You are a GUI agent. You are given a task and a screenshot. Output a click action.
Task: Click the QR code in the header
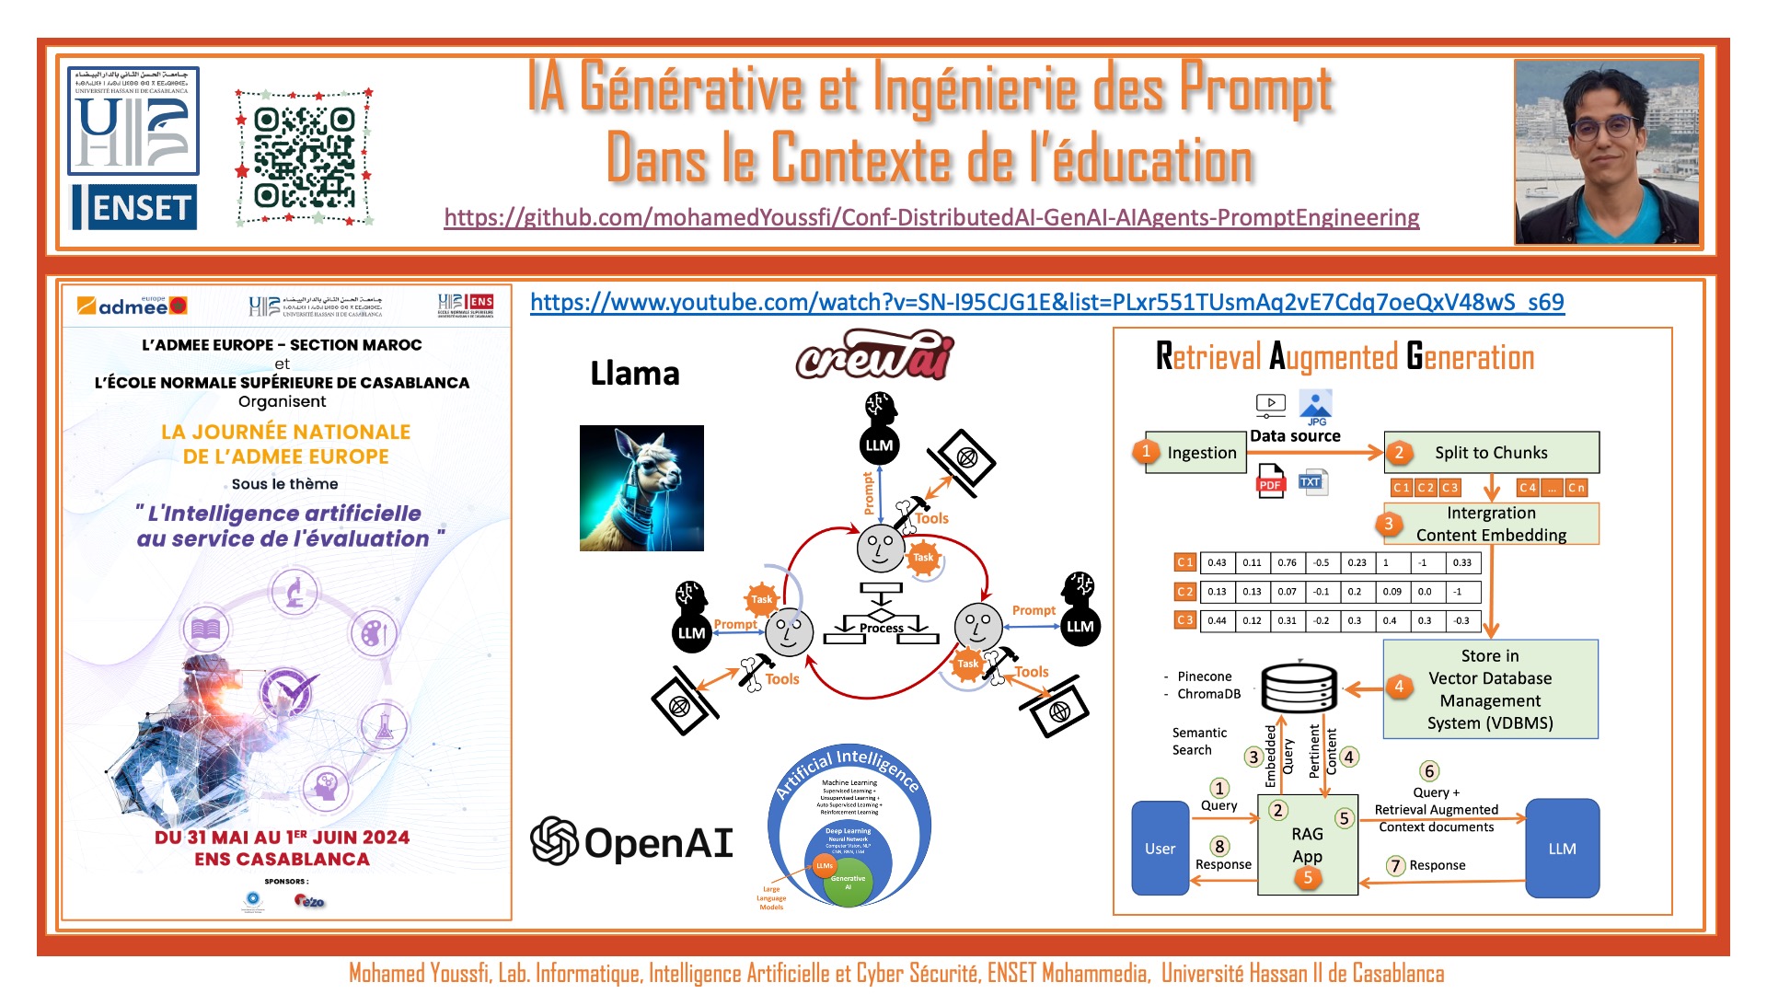(305, 157)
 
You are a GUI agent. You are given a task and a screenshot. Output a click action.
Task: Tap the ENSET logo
(134, 207)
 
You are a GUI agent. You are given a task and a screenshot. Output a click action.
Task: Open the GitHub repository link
(931, 217)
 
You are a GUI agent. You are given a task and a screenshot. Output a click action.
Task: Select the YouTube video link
(1046, 302)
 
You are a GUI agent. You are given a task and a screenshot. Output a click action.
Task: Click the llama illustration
(641, 488)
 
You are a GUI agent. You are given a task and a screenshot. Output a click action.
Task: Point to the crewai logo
(874, 356)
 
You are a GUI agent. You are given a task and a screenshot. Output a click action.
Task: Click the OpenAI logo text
(632, 842)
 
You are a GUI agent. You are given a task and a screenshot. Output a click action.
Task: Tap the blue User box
(1160, 848)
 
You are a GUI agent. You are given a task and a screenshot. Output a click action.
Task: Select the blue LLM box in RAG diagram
(1562, 848)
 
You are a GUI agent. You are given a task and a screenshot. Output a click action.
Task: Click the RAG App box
(1307, 845)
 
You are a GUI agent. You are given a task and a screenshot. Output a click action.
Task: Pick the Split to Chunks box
(1491, 452)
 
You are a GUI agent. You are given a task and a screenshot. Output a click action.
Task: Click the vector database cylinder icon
(1299, 688)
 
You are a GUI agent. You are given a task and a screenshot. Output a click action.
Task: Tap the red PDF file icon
(1270, 481)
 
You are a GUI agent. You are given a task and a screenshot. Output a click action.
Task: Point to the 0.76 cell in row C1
(1287, 562)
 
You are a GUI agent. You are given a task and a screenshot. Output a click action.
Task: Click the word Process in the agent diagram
(881, 628)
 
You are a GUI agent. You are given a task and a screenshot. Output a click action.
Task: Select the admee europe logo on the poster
(133, 306)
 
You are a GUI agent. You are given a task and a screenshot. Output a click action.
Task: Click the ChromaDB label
(1208, 694)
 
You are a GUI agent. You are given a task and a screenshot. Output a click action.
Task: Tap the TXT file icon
(1311, 481)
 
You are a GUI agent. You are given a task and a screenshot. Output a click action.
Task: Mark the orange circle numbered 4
(1399, 686)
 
